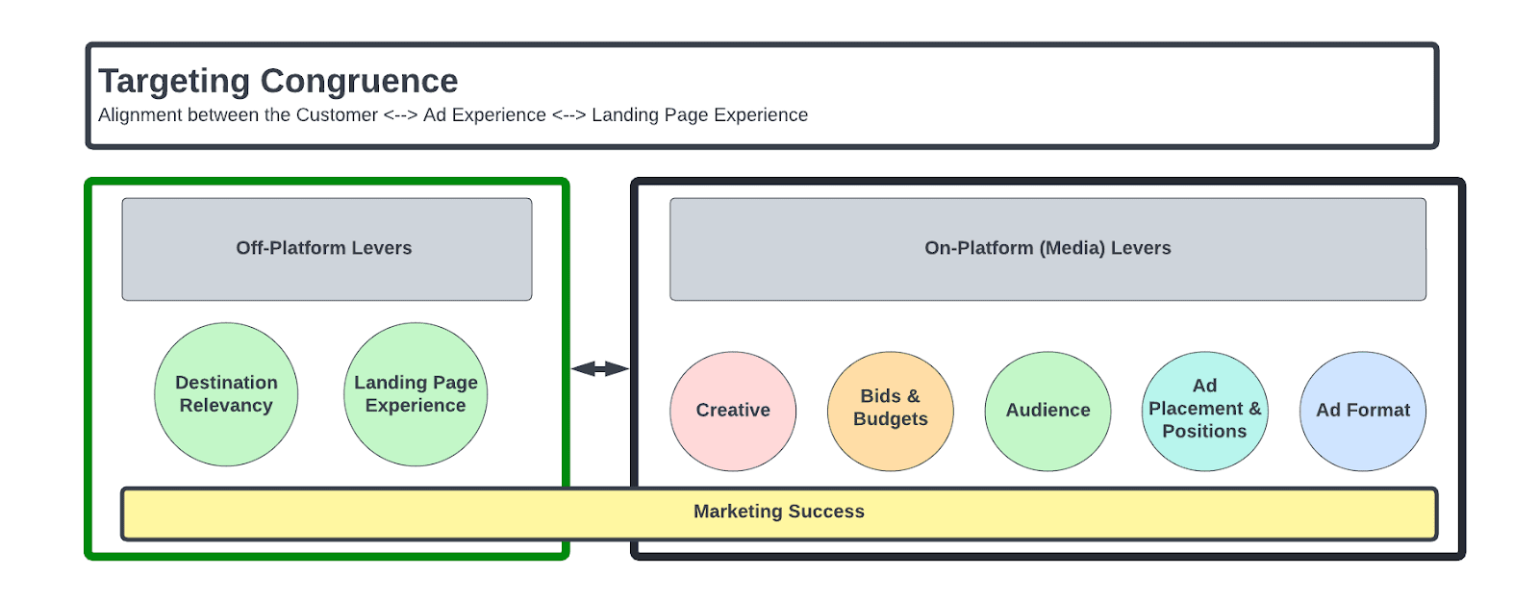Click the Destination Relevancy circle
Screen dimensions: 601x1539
226,394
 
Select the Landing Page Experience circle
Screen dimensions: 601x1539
416,394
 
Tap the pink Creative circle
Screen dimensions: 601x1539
733,411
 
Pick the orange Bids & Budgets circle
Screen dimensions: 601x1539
890,411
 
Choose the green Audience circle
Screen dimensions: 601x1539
1047,411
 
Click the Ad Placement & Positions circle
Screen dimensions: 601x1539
1204,411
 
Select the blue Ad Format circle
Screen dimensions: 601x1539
1362,411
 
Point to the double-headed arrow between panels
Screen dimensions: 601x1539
599,368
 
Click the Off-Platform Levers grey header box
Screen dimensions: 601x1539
326,248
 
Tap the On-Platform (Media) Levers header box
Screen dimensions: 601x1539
1047,248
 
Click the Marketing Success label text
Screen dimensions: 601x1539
778,512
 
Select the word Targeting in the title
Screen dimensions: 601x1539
174,81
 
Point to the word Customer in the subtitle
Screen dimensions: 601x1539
337,115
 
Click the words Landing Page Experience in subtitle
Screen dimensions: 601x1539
699,115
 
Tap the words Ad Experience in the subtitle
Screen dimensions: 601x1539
484,115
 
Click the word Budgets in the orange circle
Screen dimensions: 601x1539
890,419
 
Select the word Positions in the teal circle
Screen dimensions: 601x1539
1204,432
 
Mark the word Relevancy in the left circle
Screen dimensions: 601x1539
226,406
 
